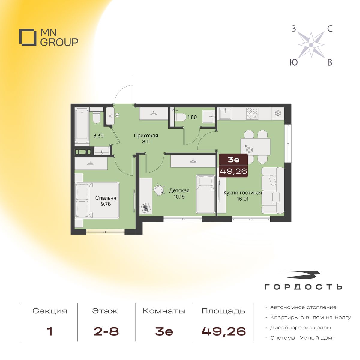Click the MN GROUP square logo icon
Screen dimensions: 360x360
tap(28, 37)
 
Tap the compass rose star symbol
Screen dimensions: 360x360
tap(311, 45)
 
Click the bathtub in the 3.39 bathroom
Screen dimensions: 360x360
tap(82, 127)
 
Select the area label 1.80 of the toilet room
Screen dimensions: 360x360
tap(192, 117)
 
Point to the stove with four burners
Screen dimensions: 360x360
tap(252, 114)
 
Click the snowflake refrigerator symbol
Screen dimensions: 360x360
tap(278, 113)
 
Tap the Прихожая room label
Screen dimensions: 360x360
tap(146, 135)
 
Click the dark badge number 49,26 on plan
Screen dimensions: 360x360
tap(234, 171)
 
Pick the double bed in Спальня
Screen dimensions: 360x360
tap(97, 200)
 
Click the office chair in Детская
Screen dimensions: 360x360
tap(159, 190)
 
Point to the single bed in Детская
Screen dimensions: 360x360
tap(206, 194)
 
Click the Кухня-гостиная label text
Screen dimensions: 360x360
tap(243, 193)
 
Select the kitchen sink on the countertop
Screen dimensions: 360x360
tap(226, 113)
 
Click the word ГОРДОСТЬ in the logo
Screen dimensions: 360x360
tap(303, 287)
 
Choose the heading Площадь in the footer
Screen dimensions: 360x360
tap(223, 311)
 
